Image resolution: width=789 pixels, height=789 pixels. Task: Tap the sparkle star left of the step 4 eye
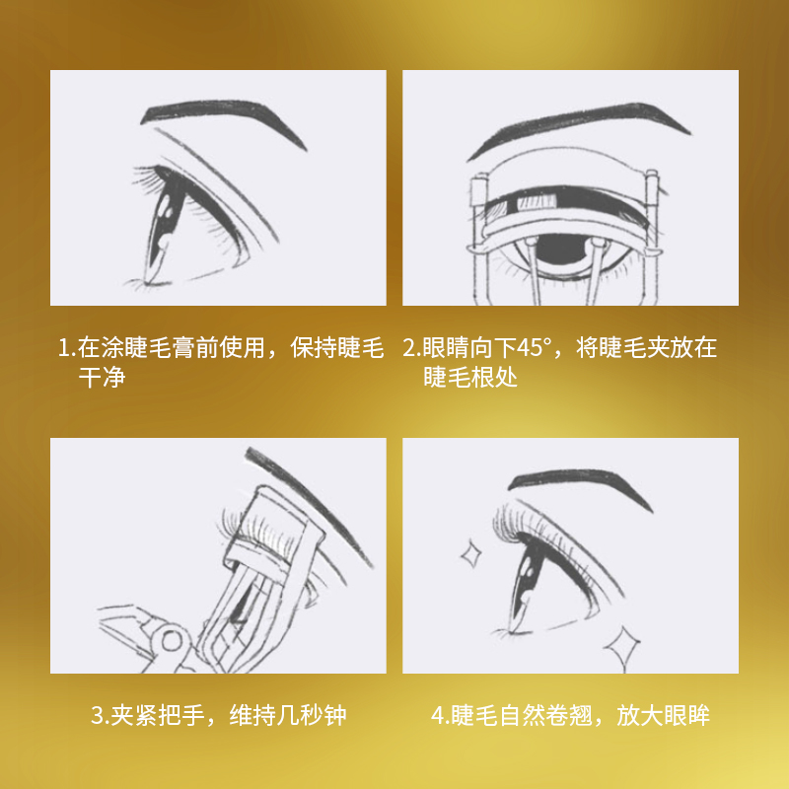(471, 554)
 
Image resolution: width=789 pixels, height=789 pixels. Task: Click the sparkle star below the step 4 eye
(622, 646)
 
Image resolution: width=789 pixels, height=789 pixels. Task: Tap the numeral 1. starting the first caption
(67, 348)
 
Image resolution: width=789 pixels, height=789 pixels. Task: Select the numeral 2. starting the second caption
(411, 348)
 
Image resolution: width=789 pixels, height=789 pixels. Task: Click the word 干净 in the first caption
(102, 377)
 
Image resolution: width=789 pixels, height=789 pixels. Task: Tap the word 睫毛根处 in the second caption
(470, 377)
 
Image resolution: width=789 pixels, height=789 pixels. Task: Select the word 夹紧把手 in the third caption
(158, 715)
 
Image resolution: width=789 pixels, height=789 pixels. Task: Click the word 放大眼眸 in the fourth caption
(663, 715)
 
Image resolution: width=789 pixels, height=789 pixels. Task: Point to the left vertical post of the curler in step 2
(480, 237)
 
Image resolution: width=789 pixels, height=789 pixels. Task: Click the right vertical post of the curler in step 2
(652, 237)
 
